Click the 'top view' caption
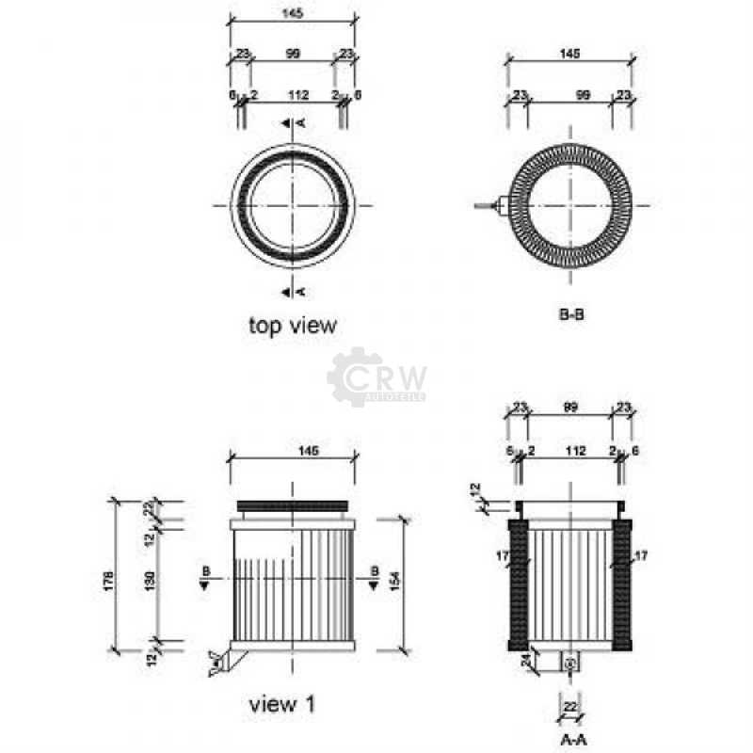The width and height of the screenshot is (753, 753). [292, 326]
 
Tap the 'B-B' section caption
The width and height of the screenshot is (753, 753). [572, 314]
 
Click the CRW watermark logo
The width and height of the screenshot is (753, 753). [376, 377]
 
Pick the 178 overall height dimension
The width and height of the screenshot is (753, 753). [110, 575]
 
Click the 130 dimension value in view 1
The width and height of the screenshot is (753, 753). [152, 585]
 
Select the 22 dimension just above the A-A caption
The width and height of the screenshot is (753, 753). [570, 707]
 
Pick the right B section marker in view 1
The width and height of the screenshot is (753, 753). [374, 576]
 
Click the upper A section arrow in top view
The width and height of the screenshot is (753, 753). [293, 123]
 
